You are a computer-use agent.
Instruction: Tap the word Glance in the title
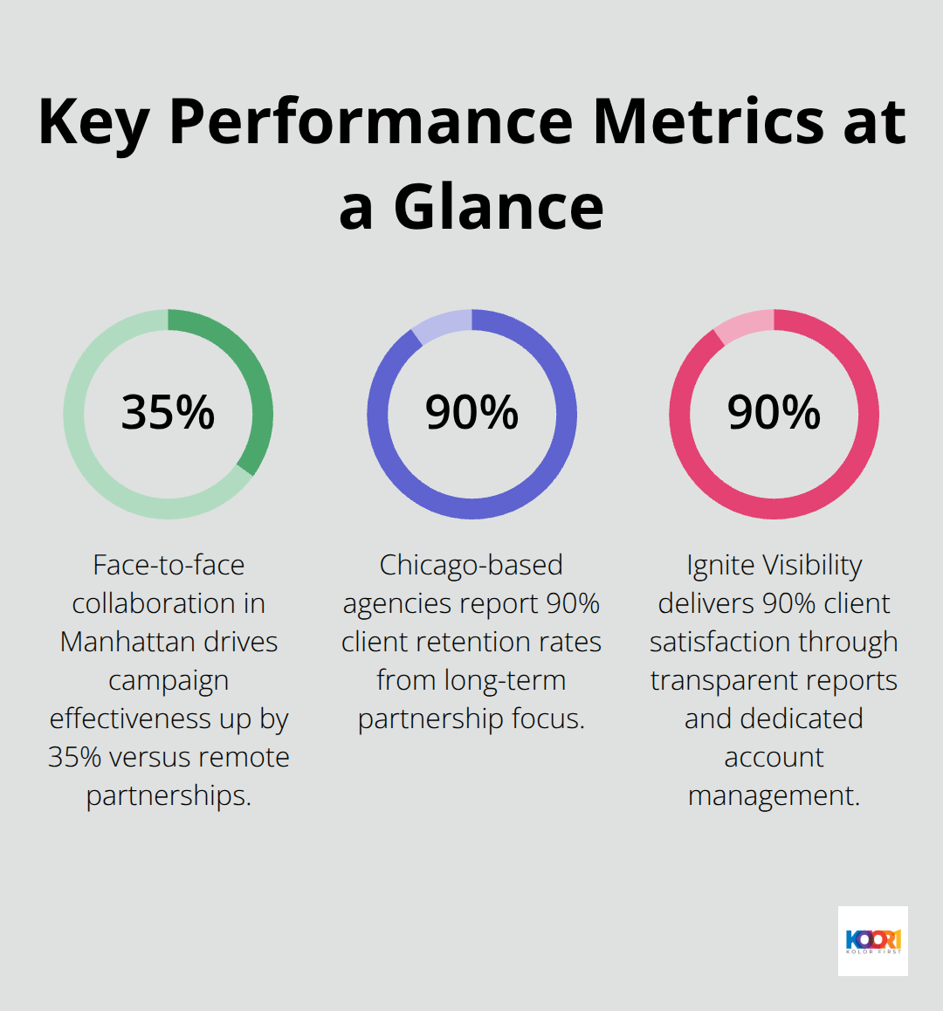[499, 207]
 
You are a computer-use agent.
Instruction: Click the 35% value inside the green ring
[168, 412]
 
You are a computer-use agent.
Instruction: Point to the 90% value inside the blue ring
[471, 412]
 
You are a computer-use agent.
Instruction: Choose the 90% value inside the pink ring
[774, 412]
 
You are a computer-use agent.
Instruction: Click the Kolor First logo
[872, 940]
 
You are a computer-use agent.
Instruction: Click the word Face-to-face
[169, 565]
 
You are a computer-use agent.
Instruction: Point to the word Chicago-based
[471, 565]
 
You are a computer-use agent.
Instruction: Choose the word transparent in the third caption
[726, 680]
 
